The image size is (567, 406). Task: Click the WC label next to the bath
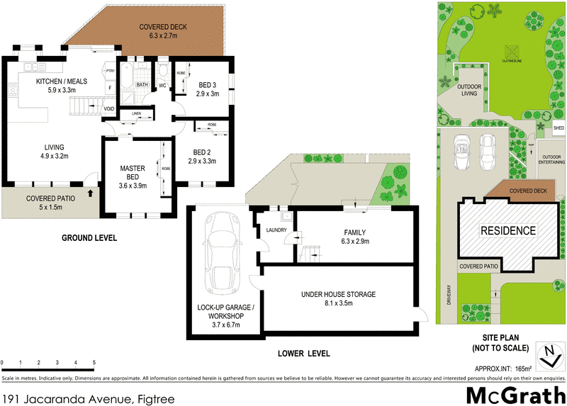point(161,86)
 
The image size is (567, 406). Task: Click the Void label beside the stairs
point(109,108)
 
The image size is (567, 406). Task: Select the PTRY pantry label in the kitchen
point(110,71)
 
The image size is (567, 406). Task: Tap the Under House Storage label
point(338,294)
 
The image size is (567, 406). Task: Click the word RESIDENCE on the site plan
point(508,230)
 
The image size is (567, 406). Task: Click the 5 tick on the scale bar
point(94,363)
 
